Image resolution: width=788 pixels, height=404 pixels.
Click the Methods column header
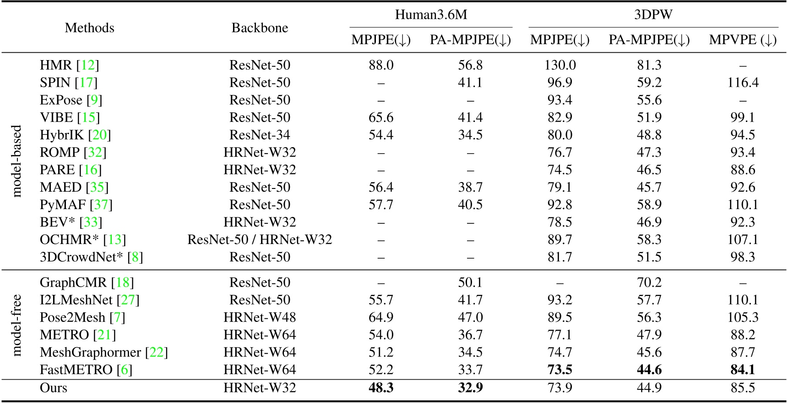pyautogui.click(x=89, y=28)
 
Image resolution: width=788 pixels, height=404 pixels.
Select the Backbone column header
pyautogui.click(x=260, y=28)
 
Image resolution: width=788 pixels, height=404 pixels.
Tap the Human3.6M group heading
pyautogui.click(x=431, y=15)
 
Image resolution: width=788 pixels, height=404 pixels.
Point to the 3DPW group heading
pyautogui.click(x=653, y=15)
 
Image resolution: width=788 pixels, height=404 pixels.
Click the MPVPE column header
pyautogui.click(x=742, y=40)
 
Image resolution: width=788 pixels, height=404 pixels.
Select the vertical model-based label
pyautogui.click(x=16, y=161)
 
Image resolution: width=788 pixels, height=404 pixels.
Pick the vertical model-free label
pyautogui.click(x=16, y=326)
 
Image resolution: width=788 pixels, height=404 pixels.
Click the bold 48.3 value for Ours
pyautogui.click(x=381, y=388)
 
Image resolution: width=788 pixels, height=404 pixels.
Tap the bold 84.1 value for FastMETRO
pyautogui.click(x=742, y=370)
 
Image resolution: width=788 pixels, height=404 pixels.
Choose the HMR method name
pyautogui.click(x=56, y=65)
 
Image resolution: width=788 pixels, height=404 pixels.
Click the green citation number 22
pyautogui.click(x=157, y=352)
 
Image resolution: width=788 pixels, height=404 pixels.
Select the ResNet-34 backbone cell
pyautogui.click(x=260, y=135)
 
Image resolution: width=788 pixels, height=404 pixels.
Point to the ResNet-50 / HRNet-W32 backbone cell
pyautogui.click(x=260, y=239)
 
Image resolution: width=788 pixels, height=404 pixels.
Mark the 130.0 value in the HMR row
pyautogui.click(x=560, y=65)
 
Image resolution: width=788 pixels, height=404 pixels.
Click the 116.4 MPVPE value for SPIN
pyautogui.click(x=742, y=83)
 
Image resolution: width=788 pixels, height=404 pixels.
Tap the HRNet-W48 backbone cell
pyautogui.click(x=260, y=317)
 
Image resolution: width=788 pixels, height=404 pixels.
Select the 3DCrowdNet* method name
pyautogui.click(x=82, y=257)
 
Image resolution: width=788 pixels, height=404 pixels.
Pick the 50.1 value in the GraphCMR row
pyautogui.click(x=470, y=282)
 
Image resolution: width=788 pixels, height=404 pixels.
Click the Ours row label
pyautogui.click(x=54, y=388)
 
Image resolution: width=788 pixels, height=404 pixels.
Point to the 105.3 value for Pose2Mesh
pyautogui.click(x=742, y=317)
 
